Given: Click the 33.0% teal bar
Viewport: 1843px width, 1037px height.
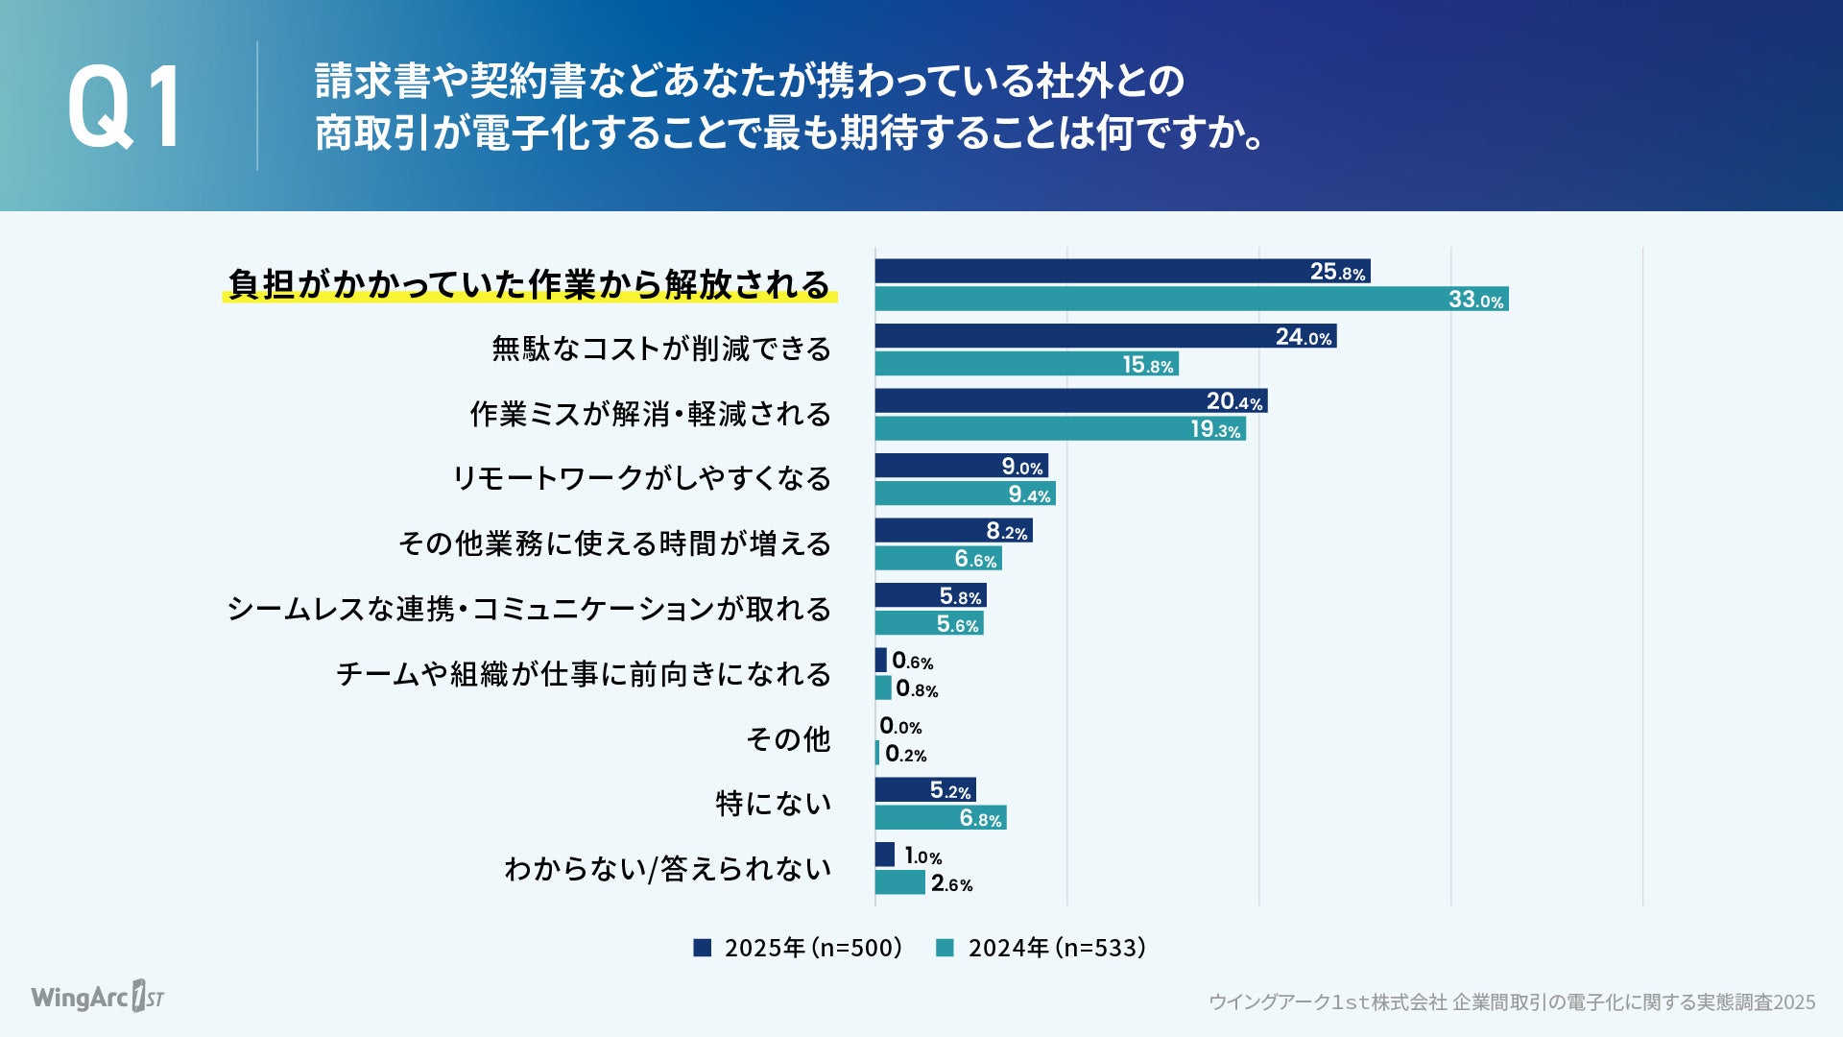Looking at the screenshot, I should coord(1190,299).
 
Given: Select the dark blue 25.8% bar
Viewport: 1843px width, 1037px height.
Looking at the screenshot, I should coord(1121,272).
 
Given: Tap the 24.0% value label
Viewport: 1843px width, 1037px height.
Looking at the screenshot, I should coord(1304,337).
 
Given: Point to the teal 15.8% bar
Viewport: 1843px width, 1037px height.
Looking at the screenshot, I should coord(1025,364).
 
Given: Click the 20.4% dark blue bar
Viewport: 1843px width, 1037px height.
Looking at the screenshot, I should coord(1070,400).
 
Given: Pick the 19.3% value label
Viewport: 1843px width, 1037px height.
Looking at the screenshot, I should coord(1215,429).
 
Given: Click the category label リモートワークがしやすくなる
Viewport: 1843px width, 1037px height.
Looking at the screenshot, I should coord(641,478).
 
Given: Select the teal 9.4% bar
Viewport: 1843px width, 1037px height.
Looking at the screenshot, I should coord(964,494).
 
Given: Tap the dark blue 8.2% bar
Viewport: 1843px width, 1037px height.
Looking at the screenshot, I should coord(952,530).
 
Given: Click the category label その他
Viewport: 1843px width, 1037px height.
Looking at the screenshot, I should coord(788,738).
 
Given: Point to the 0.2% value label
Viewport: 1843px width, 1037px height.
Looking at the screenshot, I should coord(905,755).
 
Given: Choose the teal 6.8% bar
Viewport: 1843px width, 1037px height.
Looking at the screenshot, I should coord(940,818).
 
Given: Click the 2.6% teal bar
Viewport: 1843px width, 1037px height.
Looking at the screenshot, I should coord(899,882).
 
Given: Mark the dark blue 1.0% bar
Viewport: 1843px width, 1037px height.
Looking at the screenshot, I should coord(884,855).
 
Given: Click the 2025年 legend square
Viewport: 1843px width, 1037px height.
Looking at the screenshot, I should coord(703,948).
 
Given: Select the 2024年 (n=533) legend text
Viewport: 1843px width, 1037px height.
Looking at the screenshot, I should coord(1057,948).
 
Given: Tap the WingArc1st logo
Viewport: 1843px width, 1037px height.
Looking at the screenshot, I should coord(97,997).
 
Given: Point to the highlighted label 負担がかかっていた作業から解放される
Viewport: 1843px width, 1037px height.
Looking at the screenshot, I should coord(529,284).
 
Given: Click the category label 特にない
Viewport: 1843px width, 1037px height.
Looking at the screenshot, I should coord(773,803).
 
